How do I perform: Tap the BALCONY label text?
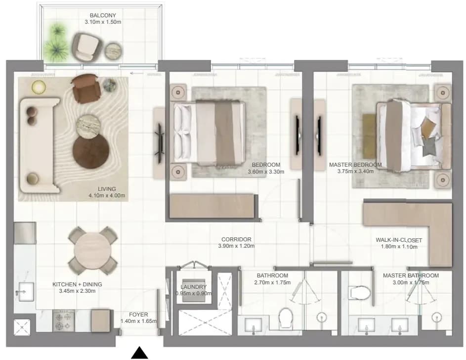pos(103,15)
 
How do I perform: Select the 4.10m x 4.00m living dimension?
pos(107,196)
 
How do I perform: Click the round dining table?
pos(92,250)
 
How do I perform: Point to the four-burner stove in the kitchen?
pos(64,321)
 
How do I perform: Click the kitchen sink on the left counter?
pos(26,292)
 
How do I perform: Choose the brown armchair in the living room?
pos(86,89)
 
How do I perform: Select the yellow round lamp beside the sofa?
pos(39,87)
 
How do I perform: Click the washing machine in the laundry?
pos(194,290)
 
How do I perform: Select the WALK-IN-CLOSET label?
pos(399,240)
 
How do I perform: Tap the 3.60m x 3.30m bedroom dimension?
pos(266,172)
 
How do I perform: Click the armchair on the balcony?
pos(87,46)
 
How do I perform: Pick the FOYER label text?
pos(138,314)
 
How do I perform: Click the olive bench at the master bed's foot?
pos(369,136)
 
